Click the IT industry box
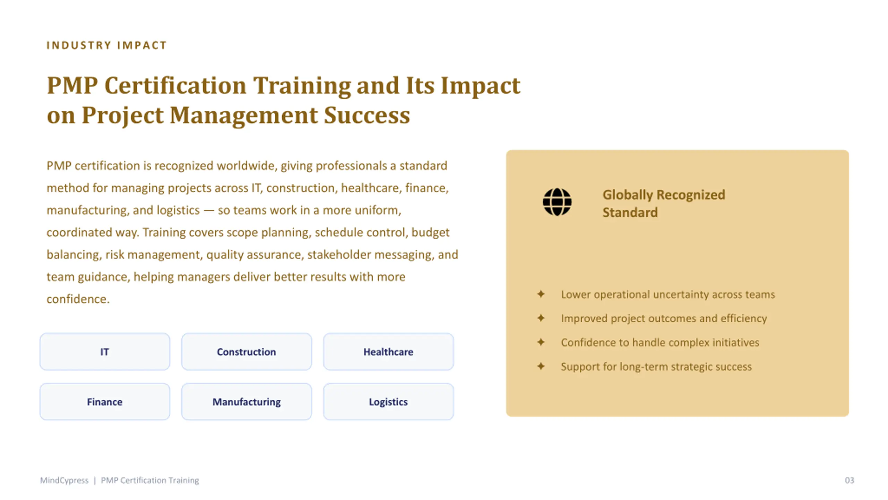point(105,352)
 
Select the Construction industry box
point(247,352)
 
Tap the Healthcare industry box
point(388,352)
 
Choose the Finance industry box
point(105,402)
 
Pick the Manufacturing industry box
point(247,402)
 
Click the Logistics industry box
point(388,402)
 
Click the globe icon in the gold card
point(557,202)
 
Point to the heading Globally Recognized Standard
point(664,203)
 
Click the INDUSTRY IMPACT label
point(106,45)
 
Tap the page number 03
point(849,480)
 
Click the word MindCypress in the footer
point(64,480)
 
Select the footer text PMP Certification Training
point(150,480)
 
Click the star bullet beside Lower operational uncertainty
point(541,294)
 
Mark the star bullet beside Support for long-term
point(541,366)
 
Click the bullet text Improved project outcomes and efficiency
point(664,318)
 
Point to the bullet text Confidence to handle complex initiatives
point(660,342)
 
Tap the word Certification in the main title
point(176,85)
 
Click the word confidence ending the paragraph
point(78,299)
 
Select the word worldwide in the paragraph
point(247,166)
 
